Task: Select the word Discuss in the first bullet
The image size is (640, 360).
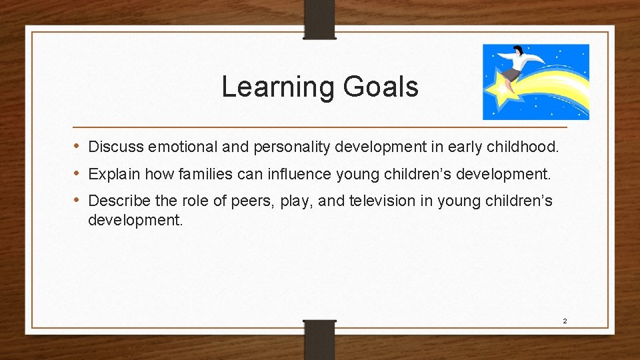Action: coord(116,146)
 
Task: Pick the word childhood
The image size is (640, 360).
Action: coord(521,146)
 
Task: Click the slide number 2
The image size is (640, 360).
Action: coord(565,321)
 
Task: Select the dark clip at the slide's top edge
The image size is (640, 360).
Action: coord(319,19)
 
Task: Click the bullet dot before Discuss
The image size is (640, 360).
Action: coord(77,146)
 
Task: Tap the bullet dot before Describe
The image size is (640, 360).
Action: coord(77,201)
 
